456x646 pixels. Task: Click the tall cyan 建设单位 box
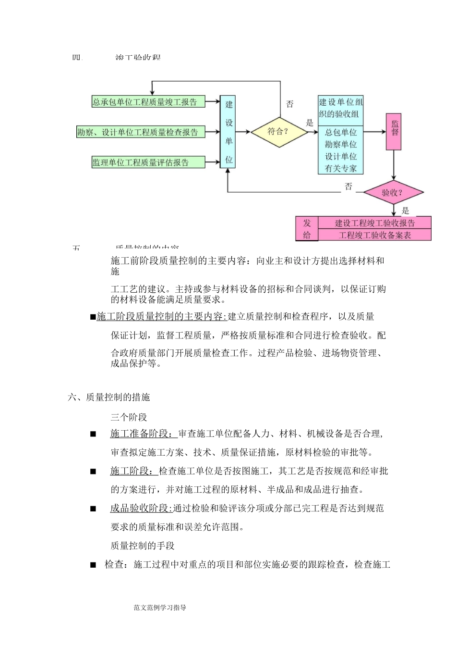point(228,132)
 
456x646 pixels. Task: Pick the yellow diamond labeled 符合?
point(279,131)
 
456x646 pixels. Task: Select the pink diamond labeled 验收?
point(393,193)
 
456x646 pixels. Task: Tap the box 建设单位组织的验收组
point(341,108)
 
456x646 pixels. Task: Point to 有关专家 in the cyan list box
point(341,168)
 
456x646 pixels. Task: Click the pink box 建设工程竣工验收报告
point(375,223)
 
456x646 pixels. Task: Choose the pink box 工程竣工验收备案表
point(375,235)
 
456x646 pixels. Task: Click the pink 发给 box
point(307,229)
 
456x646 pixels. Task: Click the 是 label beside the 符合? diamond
point(310,123)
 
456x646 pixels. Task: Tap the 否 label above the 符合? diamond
point(289,104)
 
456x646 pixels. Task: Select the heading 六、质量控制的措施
point(109,397)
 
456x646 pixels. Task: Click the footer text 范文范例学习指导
point(160,608)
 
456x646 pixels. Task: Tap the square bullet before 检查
point(93,565)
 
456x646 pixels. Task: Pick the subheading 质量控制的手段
point(143,546)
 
